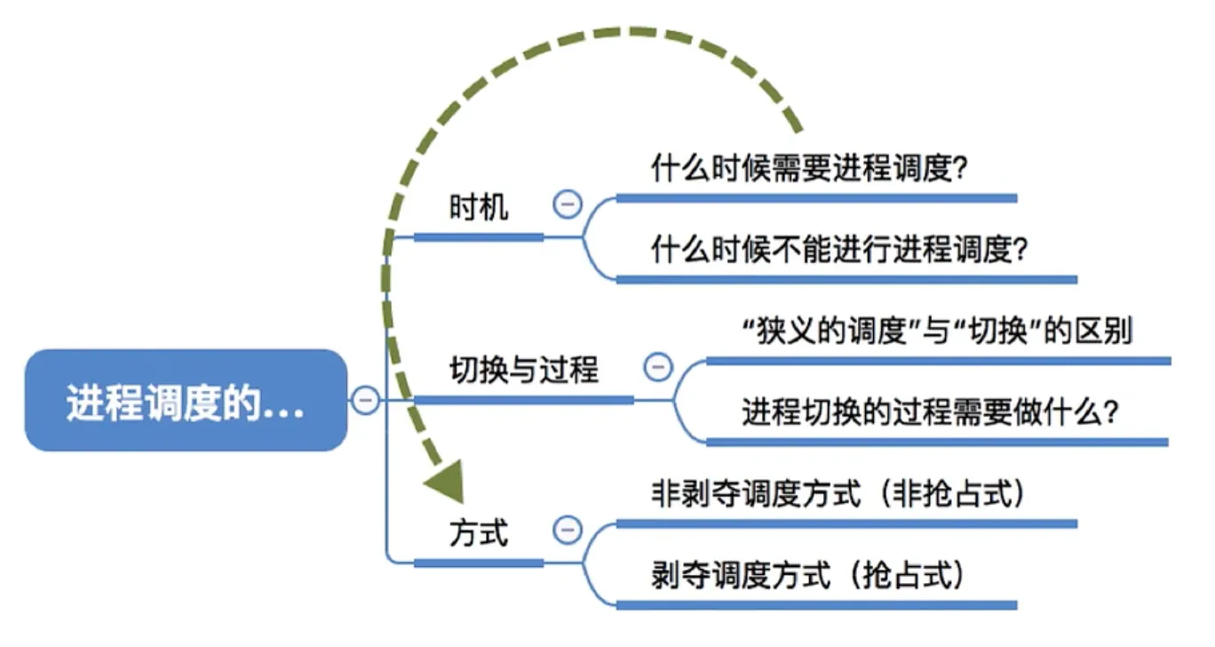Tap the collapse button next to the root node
tap(364, 400)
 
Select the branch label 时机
tap(479, 207)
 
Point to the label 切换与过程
tap(523, 369)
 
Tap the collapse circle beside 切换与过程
tap(657, 367)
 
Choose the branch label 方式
tap(479, 533)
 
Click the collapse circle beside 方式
tap(567, 531)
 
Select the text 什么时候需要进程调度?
tap(808, 169)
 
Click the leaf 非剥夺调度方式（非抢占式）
tap(838, 494)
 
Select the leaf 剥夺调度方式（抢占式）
tap(807, 576)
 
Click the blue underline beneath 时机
tap(479, 237)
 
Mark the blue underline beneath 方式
tap(479, 563)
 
